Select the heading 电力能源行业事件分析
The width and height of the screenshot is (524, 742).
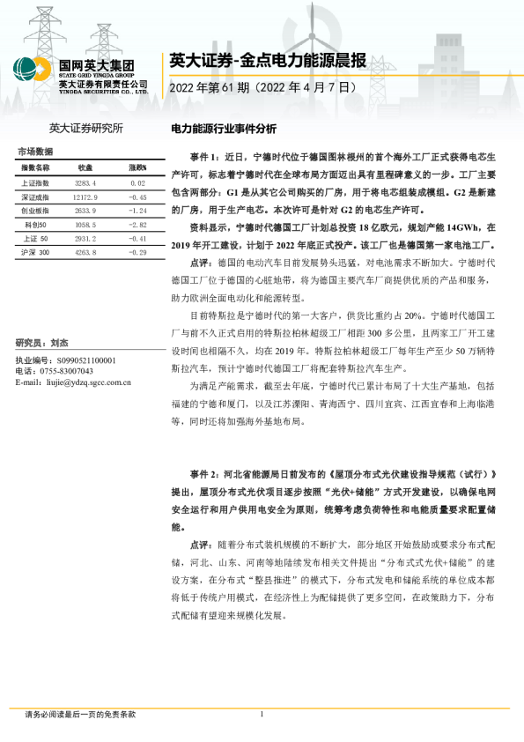pos(223,128)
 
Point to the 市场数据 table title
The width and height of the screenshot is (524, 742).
pos(34,151)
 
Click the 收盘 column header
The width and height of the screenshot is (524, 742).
pos(85,167)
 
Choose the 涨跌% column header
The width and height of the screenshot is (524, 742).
pos(137,167)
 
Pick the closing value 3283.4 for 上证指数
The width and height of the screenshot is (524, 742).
pos(85,182)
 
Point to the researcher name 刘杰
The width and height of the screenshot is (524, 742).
pos(59,343)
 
